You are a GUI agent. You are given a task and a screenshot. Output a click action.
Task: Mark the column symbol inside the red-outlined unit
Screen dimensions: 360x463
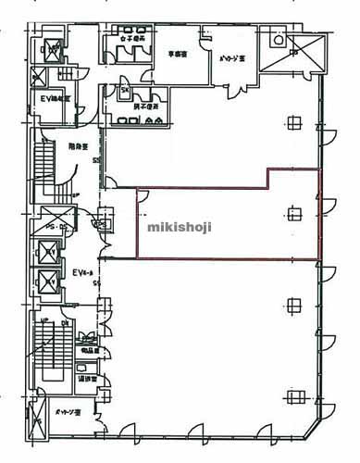294,213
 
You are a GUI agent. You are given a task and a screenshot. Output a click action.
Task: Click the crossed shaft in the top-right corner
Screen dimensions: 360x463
279,43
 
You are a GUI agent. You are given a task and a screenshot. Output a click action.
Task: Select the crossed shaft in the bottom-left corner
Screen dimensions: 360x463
37,426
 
